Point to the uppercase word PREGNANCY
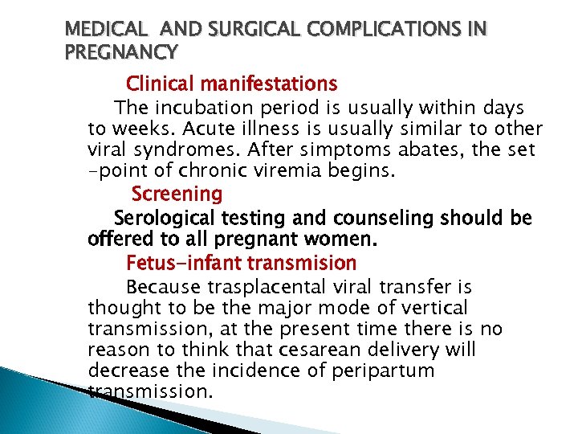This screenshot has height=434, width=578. tap(120, 53)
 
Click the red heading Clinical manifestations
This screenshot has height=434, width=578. tap(232, 83)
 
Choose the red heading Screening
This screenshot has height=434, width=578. tap(177, 194)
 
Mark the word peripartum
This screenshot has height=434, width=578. tap(393, 371)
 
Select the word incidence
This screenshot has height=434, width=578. tap(263, 371)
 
